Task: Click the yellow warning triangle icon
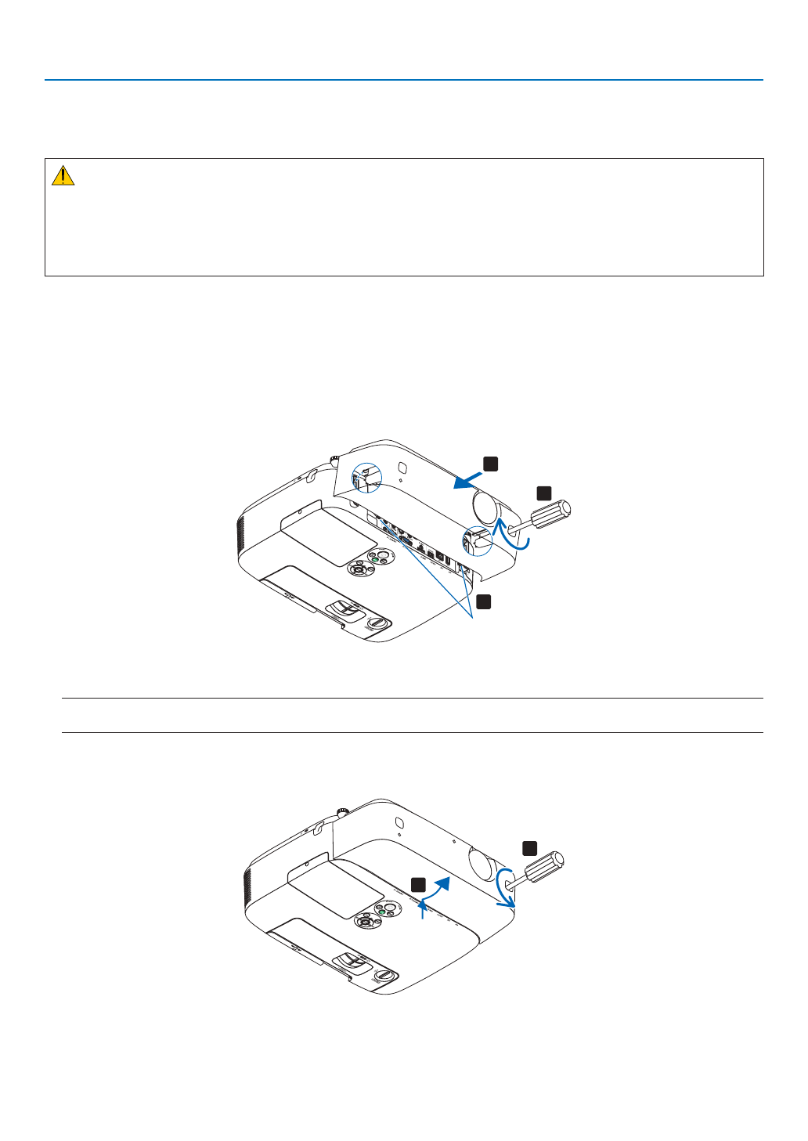pos(63,175)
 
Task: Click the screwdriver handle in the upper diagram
pos(551,515)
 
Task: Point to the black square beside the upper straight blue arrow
pos(490,464)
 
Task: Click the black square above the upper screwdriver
pos(543,493)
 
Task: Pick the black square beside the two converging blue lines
pos(484,601)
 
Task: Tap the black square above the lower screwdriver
pos(530,847)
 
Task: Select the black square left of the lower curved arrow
pos(419,884)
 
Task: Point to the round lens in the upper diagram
pos(485,508)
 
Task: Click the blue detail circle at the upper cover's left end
pos(363,478)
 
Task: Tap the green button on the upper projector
pos(375,560)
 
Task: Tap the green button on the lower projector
pos(382,911)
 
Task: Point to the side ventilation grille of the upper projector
pos(242,536)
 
